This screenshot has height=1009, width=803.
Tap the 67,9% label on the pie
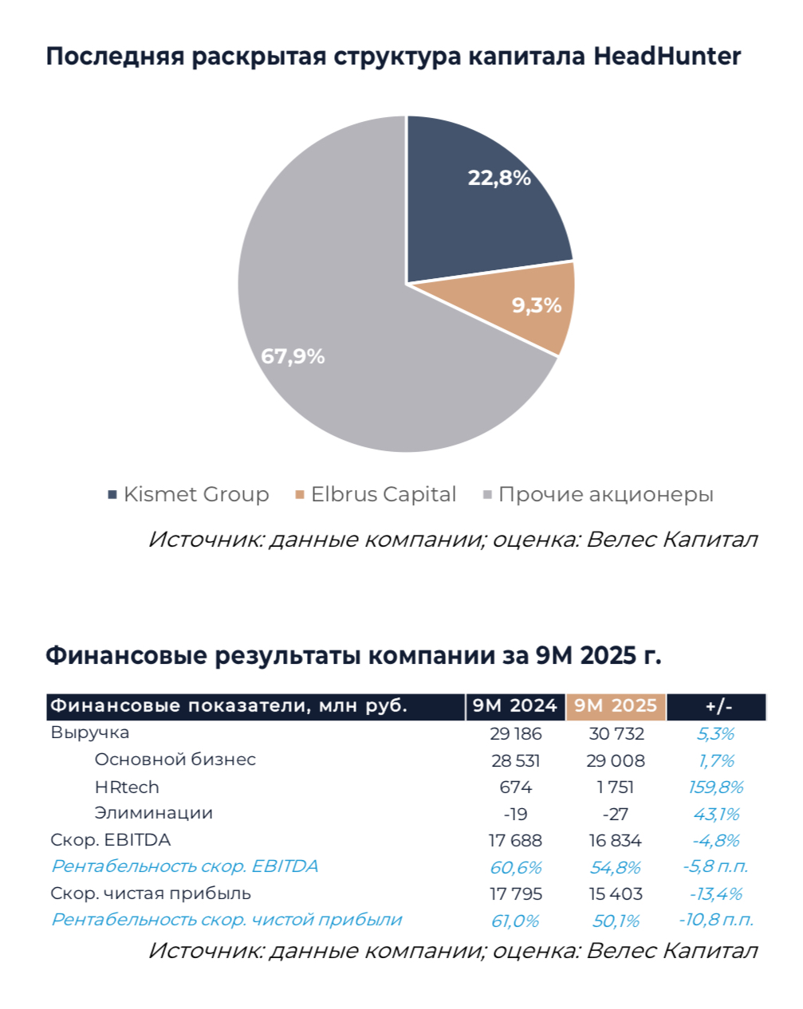(x=293, y=356)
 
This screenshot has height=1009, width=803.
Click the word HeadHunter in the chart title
(x=667, y=57)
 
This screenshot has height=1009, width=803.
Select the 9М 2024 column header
(x=515, y=706)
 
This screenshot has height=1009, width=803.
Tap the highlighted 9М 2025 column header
(x=616, y=706)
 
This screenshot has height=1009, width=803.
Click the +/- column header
(x=717, y=706)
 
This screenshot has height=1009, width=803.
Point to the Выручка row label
(x=89, y=732)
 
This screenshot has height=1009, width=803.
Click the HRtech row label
(x=127, y=787)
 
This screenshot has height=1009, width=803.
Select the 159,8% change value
(x=715, y=787)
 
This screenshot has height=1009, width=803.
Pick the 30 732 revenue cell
(x=616, y=734)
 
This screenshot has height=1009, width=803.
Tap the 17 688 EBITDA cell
(x=515, y=841)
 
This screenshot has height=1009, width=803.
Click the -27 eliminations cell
(x=616, y=815)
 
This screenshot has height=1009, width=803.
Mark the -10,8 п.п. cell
(x=715, y=921)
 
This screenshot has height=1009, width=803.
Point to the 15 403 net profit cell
(x=616, y=894)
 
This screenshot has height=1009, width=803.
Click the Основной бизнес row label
(x=175, y=760)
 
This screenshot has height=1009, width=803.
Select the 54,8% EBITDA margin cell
(x=616, y=868)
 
